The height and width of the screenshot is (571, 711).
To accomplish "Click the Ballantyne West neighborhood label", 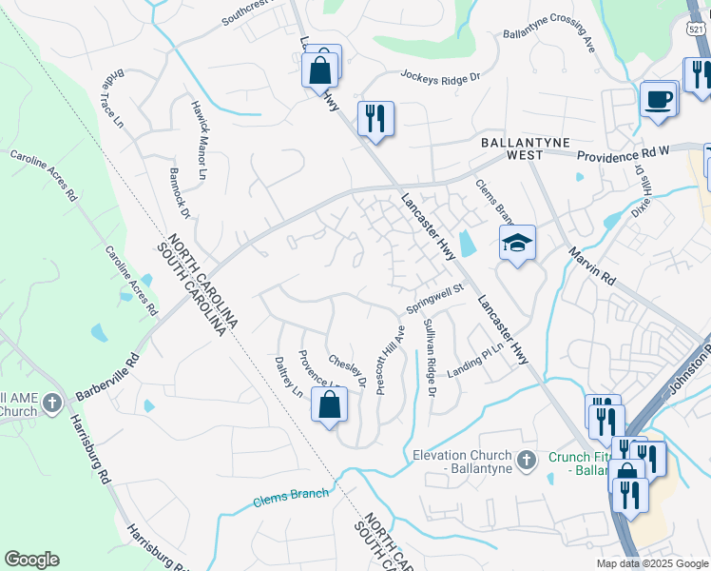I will [x=525, y=148].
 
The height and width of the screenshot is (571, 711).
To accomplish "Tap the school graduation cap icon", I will [x=517, y=244].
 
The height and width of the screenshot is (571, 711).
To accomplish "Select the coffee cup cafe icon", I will [x=658, y=98].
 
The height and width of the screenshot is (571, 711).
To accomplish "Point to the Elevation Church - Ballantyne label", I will [x=462, y=463].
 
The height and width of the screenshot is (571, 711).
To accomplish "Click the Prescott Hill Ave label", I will [x=390, y=360].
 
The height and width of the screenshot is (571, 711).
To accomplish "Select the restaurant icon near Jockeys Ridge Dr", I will [x=375, y=118].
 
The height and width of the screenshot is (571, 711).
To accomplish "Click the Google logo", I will [x=31, y=560].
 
